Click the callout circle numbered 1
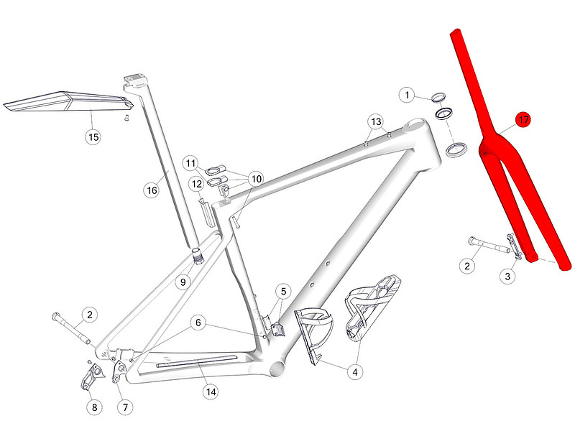point(408,95)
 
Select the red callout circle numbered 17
point(523,121)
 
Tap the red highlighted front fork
point(503,165)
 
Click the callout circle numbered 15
point(93,136)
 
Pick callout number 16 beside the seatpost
point(152,190)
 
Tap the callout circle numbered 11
point(190,164)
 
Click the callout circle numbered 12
point(196,185)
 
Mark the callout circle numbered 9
point(183,282)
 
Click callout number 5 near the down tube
point(283,292)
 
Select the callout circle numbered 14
point(211,391)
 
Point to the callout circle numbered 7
point(125,407)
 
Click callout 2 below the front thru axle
point(467,267)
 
